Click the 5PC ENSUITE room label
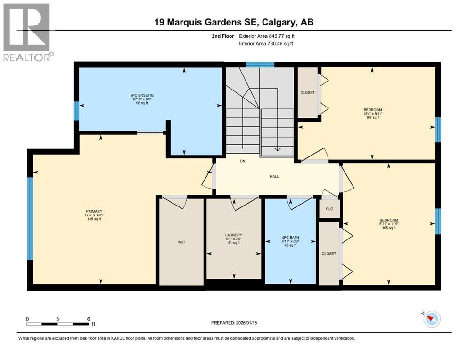tap(142, 95)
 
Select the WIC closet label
tap(181, 242)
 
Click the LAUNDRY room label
tap(233, 235)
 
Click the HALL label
tap(274, 176)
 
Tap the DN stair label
tap(243, 161)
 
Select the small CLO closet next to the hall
tap(329, 208)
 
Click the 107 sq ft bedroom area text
tap(372, 117)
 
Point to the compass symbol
tap(431, 319)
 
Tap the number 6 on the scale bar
tap(88, 319)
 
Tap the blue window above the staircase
tap(260, 65)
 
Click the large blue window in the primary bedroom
tap(30, 218)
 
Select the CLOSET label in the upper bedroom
tap(307, 93)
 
